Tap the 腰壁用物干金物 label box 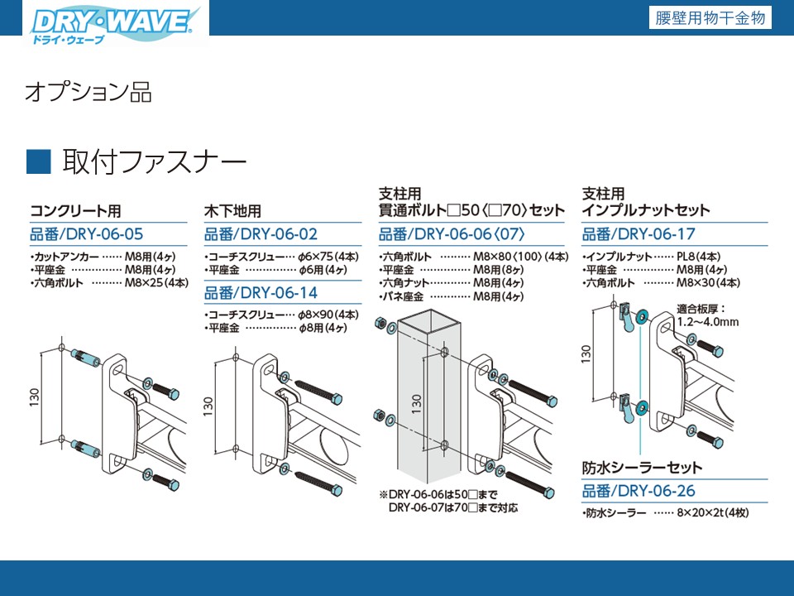710,18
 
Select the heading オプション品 88,92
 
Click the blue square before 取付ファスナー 39,161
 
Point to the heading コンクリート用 81,210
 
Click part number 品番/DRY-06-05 87,234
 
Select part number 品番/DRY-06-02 261,234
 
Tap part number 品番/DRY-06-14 261,292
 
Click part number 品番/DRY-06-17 639,234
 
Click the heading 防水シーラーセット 642,468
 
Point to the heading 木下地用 232,210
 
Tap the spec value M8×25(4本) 157,282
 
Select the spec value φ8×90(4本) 328,315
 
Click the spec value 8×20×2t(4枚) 714,514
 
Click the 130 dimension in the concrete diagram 34,397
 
